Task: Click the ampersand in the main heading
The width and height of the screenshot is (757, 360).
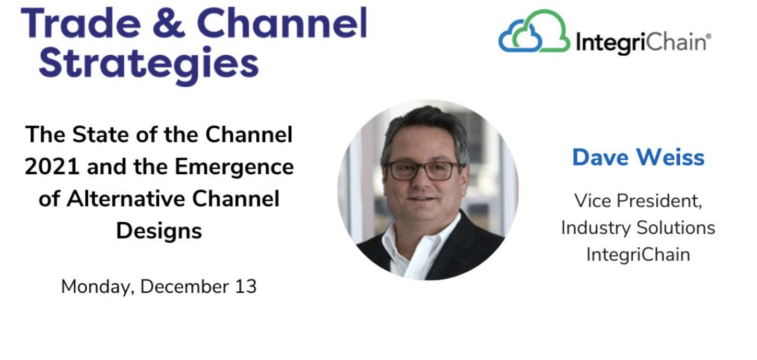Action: (169, 23)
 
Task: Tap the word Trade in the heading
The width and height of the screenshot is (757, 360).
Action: (81, 23)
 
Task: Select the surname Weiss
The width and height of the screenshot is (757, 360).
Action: (670, 158)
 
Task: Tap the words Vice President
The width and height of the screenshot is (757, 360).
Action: (638, 201)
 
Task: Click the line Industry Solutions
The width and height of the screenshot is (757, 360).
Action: (638, 227)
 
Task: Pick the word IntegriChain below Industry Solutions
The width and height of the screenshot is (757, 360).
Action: (638, 254)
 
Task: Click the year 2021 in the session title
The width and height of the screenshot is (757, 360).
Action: (52, 166)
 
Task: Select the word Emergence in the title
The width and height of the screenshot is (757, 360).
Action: (234, 167)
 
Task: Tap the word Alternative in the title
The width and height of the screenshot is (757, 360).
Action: (126, 199)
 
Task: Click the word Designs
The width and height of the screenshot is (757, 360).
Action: (159, 232)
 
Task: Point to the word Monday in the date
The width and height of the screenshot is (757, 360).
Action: (98, 287)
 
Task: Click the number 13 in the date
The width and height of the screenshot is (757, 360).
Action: (246, 286)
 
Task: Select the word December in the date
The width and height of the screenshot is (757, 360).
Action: (184, 286)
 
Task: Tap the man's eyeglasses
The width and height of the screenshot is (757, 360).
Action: (422, 170)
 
